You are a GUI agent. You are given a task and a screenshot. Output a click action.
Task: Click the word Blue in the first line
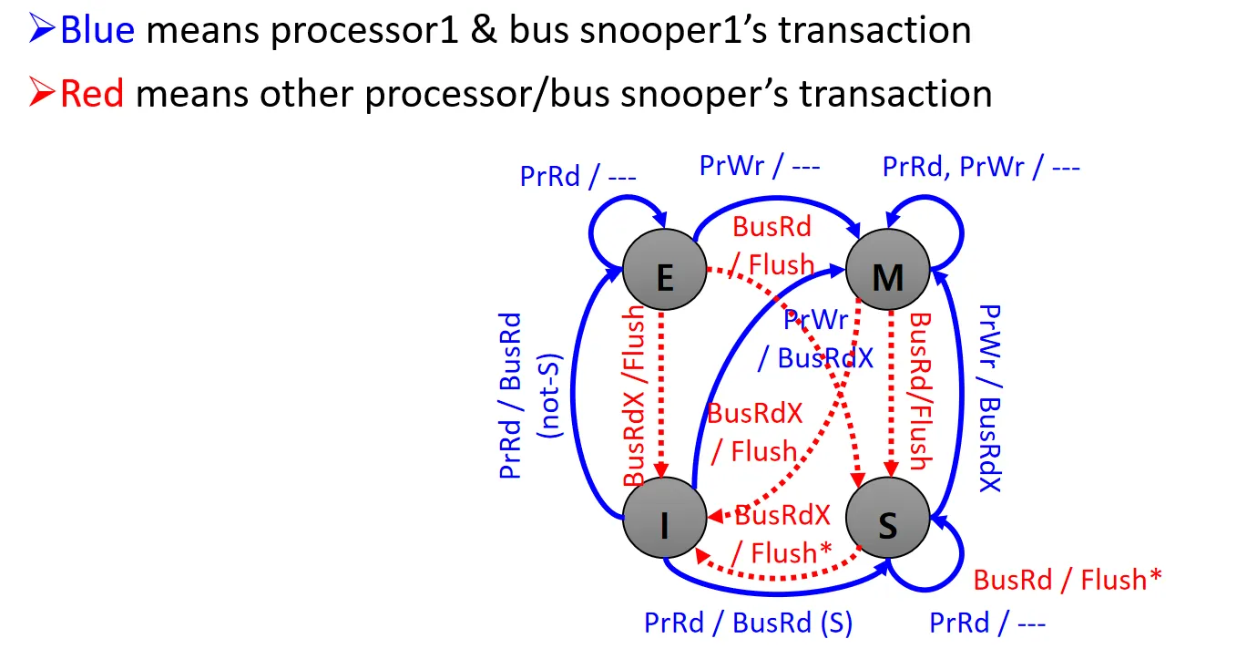(97, 30)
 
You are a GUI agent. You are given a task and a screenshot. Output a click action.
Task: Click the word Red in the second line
(92, 93)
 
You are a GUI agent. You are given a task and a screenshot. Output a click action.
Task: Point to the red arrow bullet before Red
(42, 93)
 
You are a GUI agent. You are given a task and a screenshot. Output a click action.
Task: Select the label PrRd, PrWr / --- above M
(981, 168)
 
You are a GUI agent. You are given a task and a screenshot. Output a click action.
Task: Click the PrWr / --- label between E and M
(760, 166)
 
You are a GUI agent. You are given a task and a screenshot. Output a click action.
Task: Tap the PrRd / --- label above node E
(577, 175)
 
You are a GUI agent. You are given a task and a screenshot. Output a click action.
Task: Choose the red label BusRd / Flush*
(1068, 579)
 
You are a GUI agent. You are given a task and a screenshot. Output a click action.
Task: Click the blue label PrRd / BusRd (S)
(748, 623)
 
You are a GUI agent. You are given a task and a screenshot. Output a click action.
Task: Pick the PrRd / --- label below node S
(987, 623)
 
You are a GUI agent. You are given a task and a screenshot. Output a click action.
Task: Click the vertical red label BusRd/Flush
(921, 392)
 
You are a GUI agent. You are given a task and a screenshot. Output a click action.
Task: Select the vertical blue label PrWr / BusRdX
(989, 398)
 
